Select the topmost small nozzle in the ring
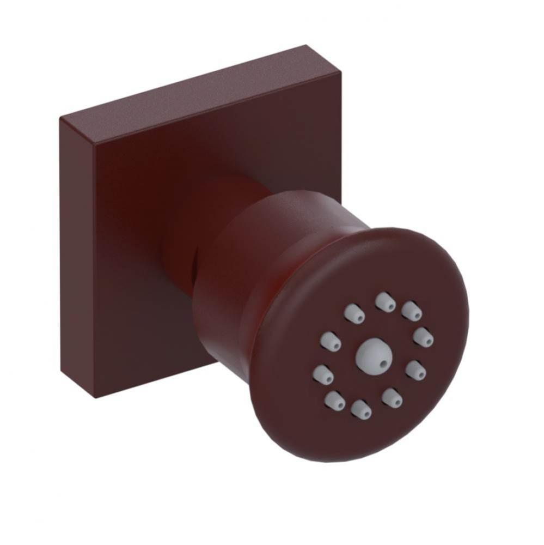385,301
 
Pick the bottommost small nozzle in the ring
361,410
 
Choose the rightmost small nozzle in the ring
423,337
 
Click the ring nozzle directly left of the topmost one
354,313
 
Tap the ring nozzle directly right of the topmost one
412,311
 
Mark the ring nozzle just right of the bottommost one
392,398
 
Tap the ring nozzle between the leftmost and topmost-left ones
331,342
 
